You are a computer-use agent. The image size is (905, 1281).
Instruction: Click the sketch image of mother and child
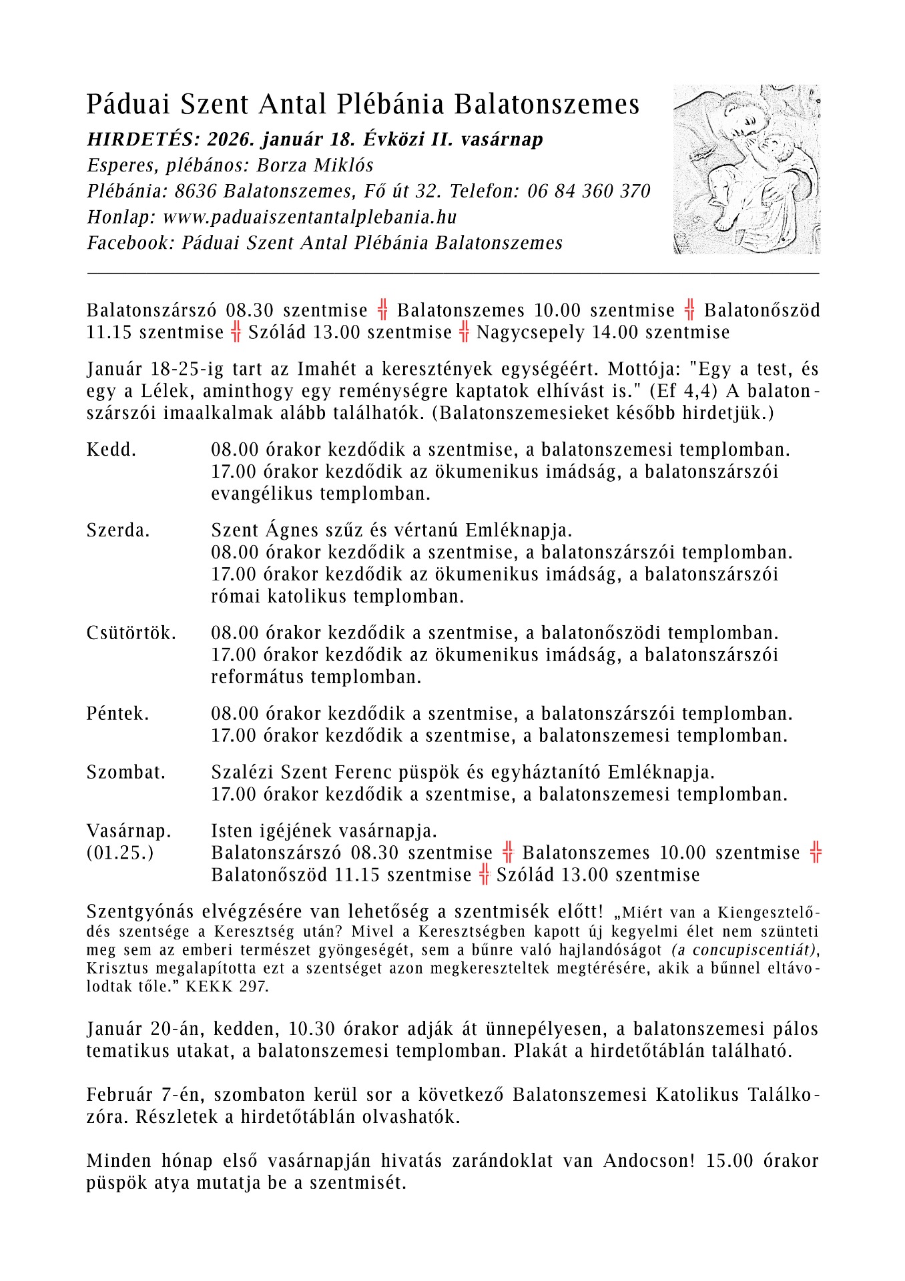point(747,169)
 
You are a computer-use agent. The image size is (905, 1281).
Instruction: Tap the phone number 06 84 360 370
point(589,191)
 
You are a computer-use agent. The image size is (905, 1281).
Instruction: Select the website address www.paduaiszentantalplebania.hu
point(310,218)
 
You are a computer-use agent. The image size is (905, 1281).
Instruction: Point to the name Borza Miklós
point(315,165)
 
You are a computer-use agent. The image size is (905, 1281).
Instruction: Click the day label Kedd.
point(111,450)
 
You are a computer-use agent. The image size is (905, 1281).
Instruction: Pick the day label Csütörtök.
point(131,632)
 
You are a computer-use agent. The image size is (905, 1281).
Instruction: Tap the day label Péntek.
point(117,713)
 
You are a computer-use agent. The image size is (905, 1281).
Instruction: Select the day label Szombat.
point(126,772)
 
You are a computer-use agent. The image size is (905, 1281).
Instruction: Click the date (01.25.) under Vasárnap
point(120,853)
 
